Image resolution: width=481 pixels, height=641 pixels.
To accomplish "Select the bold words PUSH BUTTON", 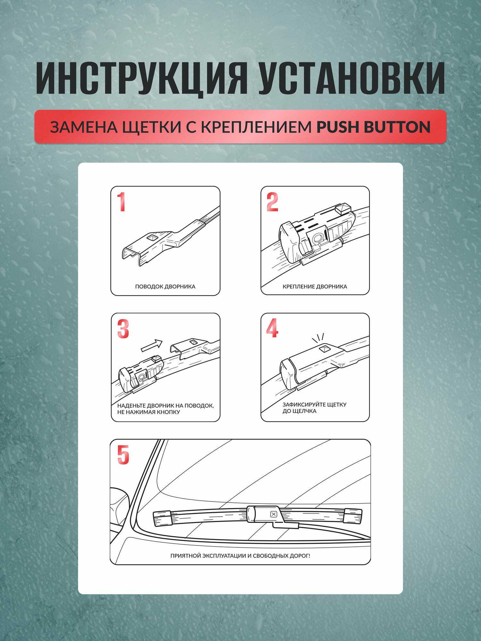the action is [x=373, y=127].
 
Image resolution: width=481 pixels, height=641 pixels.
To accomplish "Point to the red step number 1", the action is [x=121, y=202].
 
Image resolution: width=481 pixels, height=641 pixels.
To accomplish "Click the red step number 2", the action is [x=272, y=202].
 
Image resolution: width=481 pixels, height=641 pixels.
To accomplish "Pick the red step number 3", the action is [x=123, y=329].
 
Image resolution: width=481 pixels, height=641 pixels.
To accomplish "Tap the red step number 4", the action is [x=272, y=328].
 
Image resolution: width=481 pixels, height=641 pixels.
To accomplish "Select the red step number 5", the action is [x=123, y=455].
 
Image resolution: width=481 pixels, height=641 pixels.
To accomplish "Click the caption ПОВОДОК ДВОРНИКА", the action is [x=165, y=287].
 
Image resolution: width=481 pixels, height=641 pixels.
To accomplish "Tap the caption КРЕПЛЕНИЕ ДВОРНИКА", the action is [x=315, y=287].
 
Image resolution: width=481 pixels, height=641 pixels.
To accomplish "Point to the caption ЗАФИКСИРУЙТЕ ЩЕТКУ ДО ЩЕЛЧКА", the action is [x=314, y=408].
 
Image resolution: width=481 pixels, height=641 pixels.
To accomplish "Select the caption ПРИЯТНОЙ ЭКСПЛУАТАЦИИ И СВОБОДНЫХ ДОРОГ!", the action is [x=240, y=556].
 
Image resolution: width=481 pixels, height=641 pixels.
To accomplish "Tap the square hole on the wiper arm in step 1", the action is [x=152, y=237].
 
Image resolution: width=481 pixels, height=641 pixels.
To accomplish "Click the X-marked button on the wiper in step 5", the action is [x=274, y=514].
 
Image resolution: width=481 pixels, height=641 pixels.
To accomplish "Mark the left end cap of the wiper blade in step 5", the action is [x=163, y=519].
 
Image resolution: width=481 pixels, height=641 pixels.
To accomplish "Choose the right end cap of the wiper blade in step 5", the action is [x=353, y=516].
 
